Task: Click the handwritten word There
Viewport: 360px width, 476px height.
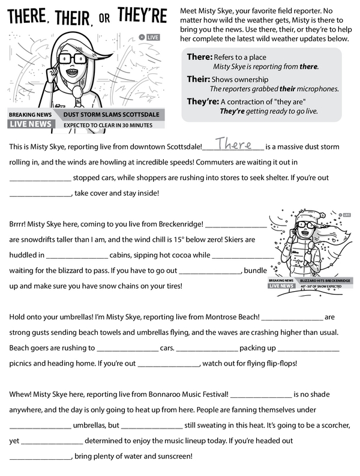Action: click(x=233, y=145)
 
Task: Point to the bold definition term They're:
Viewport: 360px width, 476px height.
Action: click(x=202, y=101)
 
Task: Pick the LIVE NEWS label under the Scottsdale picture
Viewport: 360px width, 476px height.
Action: click(x=30, y=124)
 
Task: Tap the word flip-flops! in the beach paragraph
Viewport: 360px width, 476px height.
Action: click(x=275, y=363)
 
